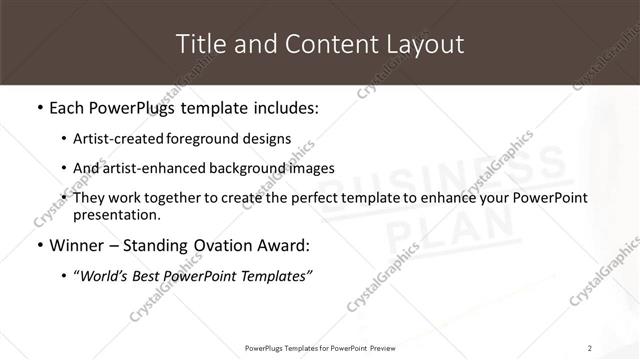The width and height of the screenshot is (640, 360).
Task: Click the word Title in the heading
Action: pos(198,44)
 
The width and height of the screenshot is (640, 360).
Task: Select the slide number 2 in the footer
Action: pos(590,348)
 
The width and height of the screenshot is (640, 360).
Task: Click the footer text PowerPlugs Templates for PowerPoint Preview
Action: pos(319,348)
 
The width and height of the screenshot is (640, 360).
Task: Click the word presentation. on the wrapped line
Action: pos(116,214)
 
